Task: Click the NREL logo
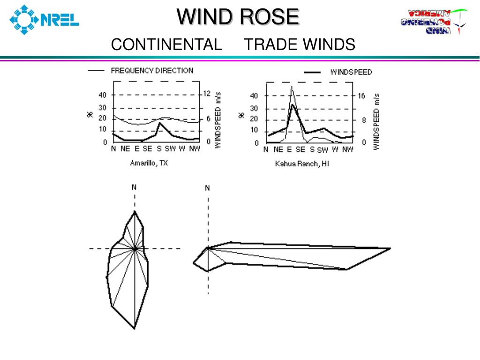pos(45,20)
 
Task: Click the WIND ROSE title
pos(238,17)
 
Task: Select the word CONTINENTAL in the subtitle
pos(166,45)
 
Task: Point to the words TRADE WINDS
pos(300,45)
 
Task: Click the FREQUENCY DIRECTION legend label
pos(152,71)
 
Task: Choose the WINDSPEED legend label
pos(351,72)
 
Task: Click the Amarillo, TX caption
pos(149,164)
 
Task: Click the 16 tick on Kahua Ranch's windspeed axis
pos(361,96)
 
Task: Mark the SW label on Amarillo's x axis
pos(170,149)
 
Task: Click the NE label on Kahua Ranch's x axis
pos(278,150)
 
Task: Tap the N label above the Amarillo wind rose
pos(134,187)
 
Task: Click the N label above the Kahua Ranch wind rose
pos(208,188)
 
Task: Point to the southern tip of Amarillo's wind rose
pos(135,329)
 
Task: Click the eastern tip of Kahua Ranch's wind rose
pos(390,248)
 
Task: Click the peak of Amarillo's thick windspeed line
pos(160,123)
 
